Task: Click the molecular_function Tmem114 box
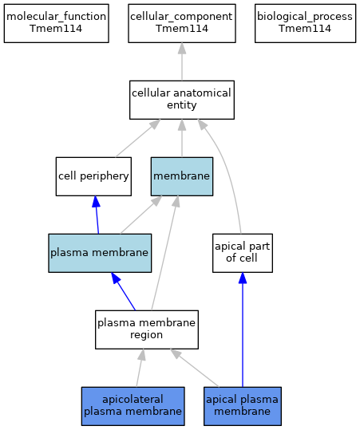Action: point(56,23)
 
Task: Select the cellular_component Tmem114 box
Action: point(182,23)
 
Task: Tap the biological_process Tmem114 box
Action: point(305,23)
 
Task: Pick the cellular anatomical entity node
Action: point(182,100)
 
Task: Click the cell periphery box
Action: point(93,176)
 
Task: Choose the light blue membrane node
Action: point(182,176)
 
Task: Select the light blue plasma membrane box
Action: point(100,253)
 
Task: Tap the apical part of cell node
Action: point(243,253)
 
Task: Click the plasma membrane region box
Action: point(147,329)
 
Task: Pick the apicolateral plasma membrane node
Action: point(133,406)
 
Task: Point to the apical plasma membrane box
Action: point(243,406)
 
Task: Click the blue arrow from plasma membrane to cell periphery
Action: point(97,215)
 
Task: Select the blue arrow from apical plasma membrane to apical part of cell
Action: point(243,329)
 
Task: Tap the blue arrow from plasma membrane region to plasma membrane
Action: point(123,291)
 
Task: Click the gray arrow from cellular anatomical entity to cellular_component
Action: point(182,61)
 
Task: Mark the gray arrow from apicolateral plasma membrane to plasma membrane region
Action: point(140,368)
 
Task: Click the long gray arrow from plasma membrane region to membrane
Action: point(165,253)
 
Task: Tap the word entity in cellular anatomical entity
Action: point(182,105)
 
